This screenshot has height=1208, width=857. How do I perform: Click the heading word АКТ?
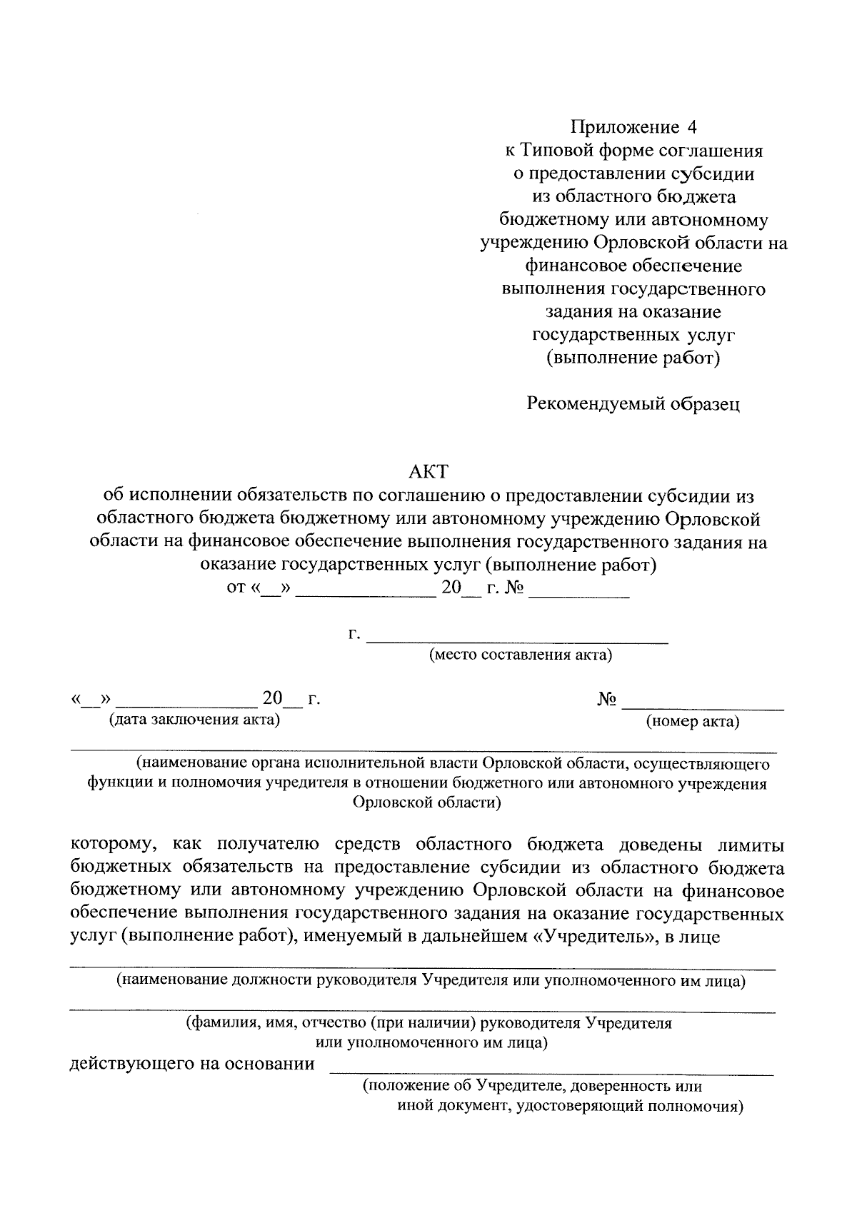click(428, 471)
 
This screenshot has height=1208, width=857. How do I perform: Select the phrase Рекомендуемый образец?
click(633, 404)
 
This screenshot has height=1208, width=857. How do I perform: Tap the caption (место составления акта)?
click(520, 655)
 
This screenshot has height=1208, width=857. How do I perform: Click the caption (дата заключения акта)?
click(194, 719)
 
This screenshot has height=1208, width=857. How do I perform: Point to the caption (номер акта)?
click(692, 721)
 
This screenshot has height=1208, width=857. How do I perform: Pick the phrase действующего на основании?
click(191, 1064)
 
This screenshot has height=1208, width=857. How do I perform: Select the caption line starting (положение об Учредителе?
click(532, 1087)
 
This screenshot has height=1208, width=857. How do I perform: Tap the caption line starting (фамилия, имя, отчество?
click(428, 1023)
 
